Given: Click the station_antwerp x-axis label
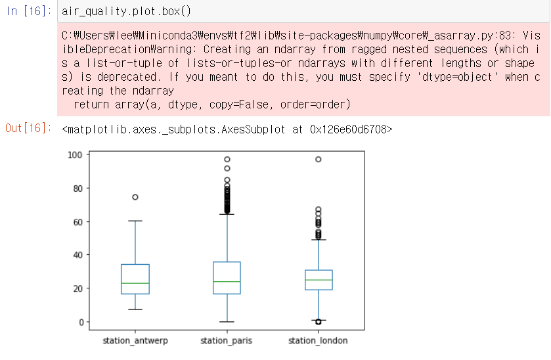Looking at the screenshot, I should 135,341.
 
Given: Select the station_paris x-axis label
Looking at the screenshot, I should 227,341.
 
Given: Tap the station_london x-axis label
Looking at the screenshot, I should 319,341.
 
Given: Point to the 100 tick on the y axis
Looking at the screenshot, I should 74,155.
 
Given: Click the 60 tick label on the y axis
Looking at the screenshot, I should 76,222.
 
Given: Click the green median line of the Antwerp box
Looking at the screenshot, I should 135,283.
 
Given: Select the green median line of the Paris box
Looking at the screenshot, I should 227,282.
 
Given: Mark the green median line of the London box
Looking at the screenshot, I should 319,280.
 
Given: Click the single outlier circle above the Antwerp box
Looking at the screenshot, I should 135,197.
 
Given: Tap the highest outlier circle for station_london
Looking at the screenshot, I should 319,159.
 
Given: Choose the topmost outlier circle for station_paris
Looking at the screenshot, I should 227,159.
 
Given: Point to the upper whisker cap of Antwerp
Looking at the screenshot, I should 135,221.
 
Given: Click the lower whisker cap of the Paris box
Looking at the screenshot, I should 227,322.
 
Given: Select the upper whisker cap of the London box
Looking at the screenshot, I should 319,240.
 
